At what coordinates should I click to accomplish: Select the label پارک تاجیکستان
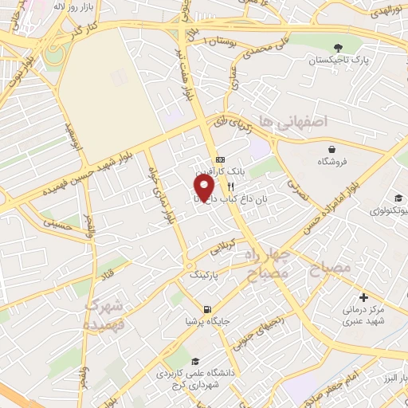coord(339,61)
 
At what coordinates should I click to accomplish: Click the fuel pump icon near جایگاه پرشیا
coord(207,309)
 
